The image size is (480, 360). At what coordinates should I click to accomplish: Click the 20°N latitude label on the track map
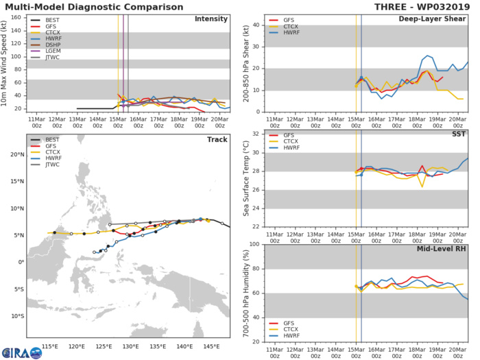point(17,154)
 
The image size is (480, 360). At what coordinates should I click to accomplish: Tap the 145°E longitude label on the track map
point(209,346)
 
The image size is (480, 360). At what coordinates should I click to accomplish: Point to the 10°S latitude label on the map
point(17,315)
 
